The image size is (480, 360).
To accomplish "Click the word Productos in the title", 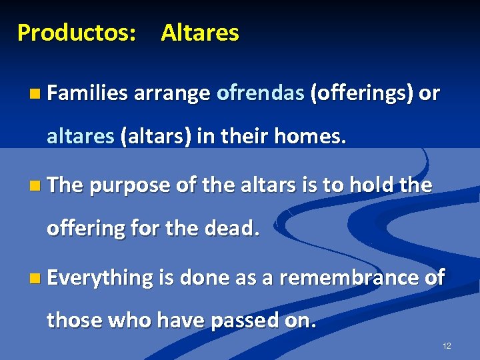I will [x=75, y=33].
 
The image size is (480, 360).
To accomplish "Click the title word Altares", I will [x=199, y=33].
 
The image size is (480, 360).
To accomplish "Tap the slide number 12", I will [x=447, y=346].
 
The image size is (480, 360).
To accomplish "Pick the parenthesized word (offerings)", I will [x=361, y=93].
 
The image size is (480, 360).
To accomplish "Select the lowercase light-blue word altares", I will [x=80, y=137].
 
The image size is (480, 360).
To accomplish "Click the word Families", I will [x=87, y=93].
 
